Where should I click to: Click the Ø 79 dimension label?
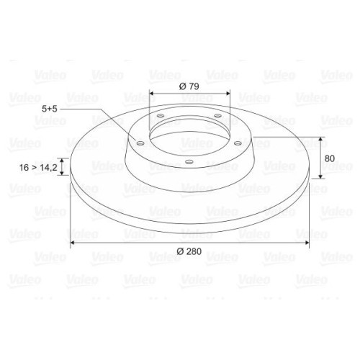click(189, 86)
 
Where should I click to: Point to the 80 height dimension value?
click(330, 158)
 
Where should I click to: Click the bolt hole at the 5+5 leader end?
click(140, 143)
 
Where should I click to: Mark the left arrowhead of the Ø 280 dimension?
click(73, 246)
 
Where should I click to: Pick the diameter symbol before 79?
click(181, 86)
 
